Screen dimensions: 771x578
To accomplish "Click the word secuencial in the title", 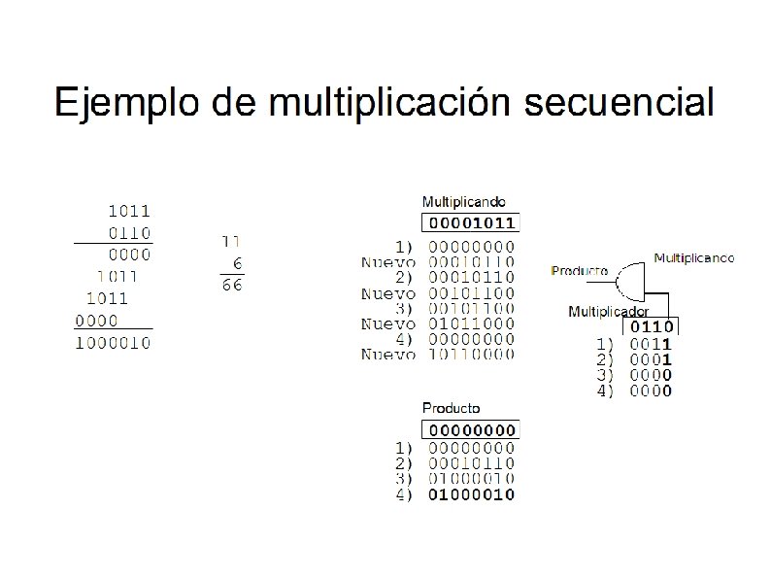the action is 619,102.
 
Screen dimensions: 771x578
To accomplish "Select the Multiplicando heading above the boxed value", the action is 463,202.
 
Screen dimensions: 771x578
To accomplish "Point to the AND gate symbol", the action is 634,280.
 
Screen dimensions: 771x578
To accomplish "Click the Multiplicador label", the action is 608,312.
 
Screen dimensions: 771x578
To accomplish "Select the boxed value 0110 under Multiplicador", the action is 653,327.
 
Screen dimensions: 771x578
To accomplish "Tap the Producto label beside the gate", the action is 580,270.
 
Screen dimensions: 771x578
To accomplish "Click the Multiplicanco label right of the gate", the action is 693,258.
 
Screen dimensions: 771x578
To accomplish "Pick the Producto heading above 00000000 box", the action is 451,408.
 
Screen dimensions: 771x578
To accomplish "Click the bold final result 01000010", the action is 472,494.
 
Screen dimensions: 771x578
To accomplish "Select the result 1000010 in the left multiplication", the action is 114,342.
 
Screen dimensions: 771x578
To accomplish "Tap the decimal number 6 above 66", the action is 238,263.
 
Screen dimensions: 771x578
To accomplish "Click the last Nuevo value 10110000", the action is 472,355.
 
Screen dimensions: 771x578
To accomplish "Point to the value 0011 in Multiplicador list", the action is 652,344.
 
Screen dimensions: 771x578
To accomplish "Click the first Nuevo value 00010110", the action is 472,262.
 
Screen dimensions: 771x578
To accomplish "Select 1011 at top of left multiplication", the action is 128,211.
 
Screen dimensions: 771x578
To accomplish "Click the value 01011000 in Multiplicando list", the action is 472,323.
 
